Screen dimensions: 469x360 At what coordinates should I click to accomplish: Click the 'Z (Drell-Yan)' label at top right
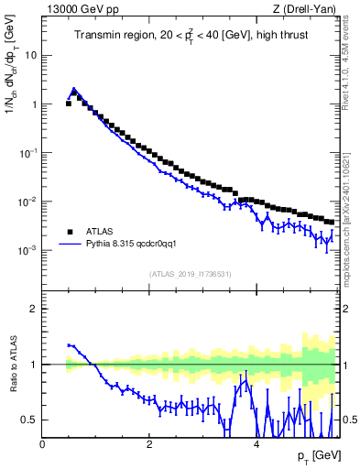308,10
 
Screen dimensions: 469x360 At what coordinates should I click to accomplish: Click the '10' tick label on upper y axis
31,55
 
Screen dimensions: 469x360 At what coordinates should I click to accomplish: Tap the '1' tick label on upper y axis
34,104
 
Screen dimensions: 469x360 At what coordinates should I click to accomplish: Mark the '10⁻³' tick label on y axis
29,249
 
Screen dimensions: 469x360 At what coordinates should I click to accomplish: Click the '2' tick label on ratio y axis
34,309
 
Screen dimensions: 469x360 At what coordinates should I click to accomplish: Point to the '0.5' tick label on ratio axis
30,420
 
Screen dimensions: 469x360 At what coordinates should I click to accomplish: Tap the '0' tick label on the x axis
42,443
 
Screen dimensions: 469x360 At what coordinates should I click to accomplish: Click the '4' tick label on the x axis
256,443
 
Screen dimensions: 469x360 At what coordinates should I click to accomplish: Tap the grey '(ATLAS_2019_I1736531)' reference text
189,274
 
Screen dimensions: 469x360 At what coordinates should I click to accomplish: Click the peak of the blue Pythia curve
74,90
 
